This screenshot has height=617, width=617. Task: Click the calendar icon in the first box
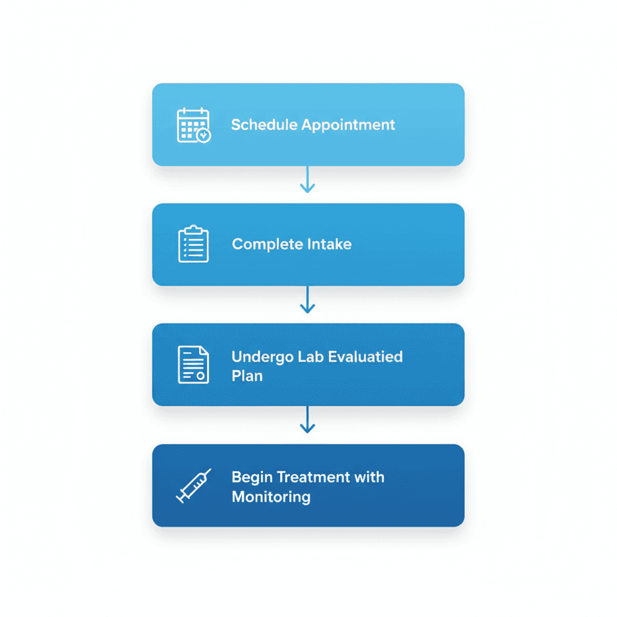point(193,125)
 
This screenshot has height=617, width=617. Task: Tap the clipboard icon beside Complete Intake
point(193,244)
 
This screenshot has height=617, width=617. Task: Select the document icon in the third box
point(193,365)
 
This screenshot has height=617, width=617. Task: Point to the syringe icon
point(193,486)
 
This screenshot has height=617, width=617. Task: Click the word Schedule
point(264,125)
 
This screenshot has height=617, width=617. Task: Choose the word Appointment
point(348,125)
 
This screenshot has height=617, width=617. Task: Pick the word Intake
point(329,244)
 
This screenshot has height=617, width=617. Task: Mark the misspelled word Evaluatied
point(366,356)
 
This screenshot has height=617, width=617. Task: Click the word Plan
point(247,376)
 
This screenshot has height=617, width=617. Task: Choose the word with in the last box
point(370,477)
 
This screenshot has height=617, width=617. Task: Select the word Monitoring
point(271,497)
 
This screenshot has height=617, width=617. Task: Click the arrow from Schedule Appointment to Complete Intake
point(308,180)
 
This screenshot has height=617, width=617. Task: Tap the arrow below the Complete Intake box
point(308,299)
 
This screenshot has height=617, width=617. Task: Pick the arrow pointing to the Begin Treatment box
point(308,420)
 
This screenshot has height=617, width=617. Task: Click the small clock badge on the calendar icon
point(204,136)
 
